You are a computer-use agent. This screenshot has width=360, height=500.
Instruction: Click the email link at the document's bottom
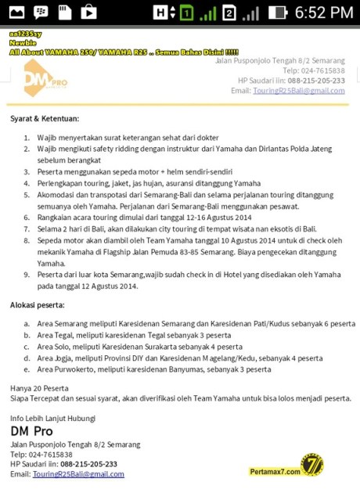pos(78,474)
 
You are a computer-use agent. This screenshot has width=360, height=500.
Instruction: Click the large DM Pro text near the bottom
pos(31,430)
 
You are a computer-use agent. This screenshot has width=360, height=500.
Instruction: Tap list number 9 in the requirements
pos(24,275)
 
